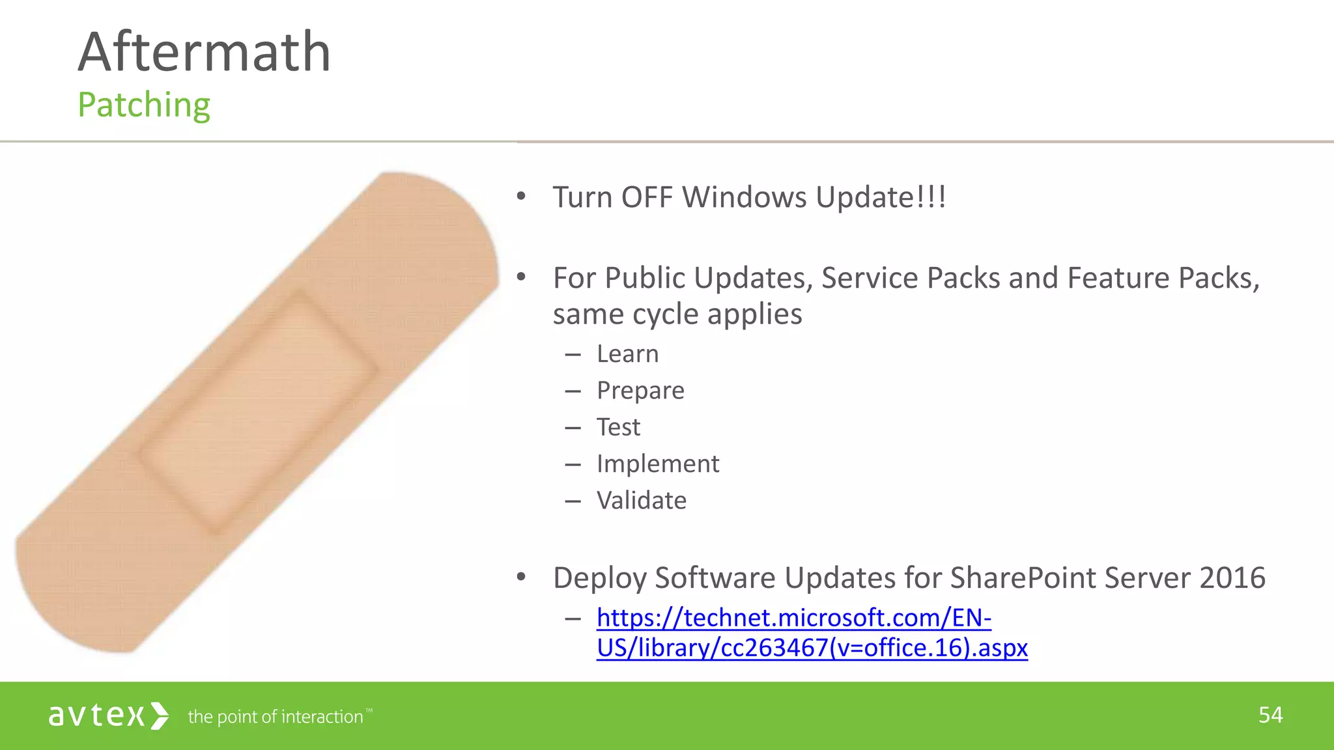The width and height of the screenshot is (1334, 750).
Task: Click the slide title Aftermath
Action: pos(205,52)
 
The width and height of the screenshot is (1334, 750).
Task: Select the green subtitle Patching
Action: pos(144,105)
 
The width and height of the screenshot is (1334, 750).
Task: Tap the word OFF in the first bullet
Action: pos(647,197)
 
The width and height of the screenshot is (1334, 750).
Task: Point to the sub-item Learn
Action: pos(627,354)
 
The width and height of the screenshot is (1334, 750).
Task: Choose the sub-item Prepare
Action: pos(640,391)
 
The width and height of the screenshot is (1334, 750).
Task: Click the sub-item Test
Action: pos(618,427)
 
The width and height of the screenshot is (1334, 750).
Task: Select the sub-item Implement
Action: pos(658,464)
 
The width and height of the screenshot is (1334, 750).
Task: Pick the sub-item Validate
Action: pos(642,501)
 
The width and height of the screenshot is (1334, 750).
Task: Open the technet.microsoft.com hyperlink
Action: pos(793,618)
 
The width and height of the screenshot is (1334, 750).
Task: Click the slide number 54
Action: pos(1270,715)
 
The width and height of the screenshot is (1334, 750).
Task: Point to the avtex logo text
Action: pos(96,716)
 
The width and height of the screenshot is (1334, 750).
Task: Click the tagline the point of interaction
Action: pos(276,717)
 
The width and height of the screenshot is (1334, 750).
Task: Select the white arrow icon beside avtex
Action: pos(160,716)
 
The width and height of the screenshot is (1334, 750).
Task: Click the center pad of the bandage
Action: pos(259,411)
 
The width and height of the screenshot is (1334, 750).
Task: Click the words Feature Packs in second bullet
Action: pos(1163,279)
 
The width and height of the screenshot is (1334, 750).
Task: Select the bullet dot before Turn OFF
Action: pos(520,197)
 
